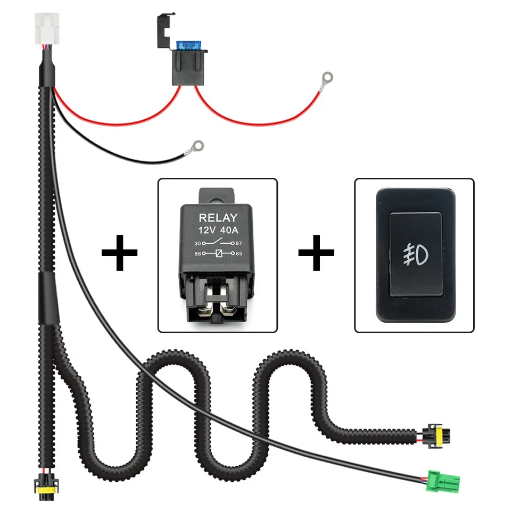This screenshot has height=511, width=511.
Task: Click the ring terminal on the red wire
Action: pos(327,78)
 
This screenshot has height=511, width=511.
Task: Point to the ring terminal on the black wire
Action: pos(199,144)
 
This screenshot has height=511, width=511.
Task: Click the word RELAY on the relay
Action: pos(218,218)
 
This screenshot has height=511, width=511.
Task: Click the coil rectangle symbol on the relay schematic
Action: pos(218,253)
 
